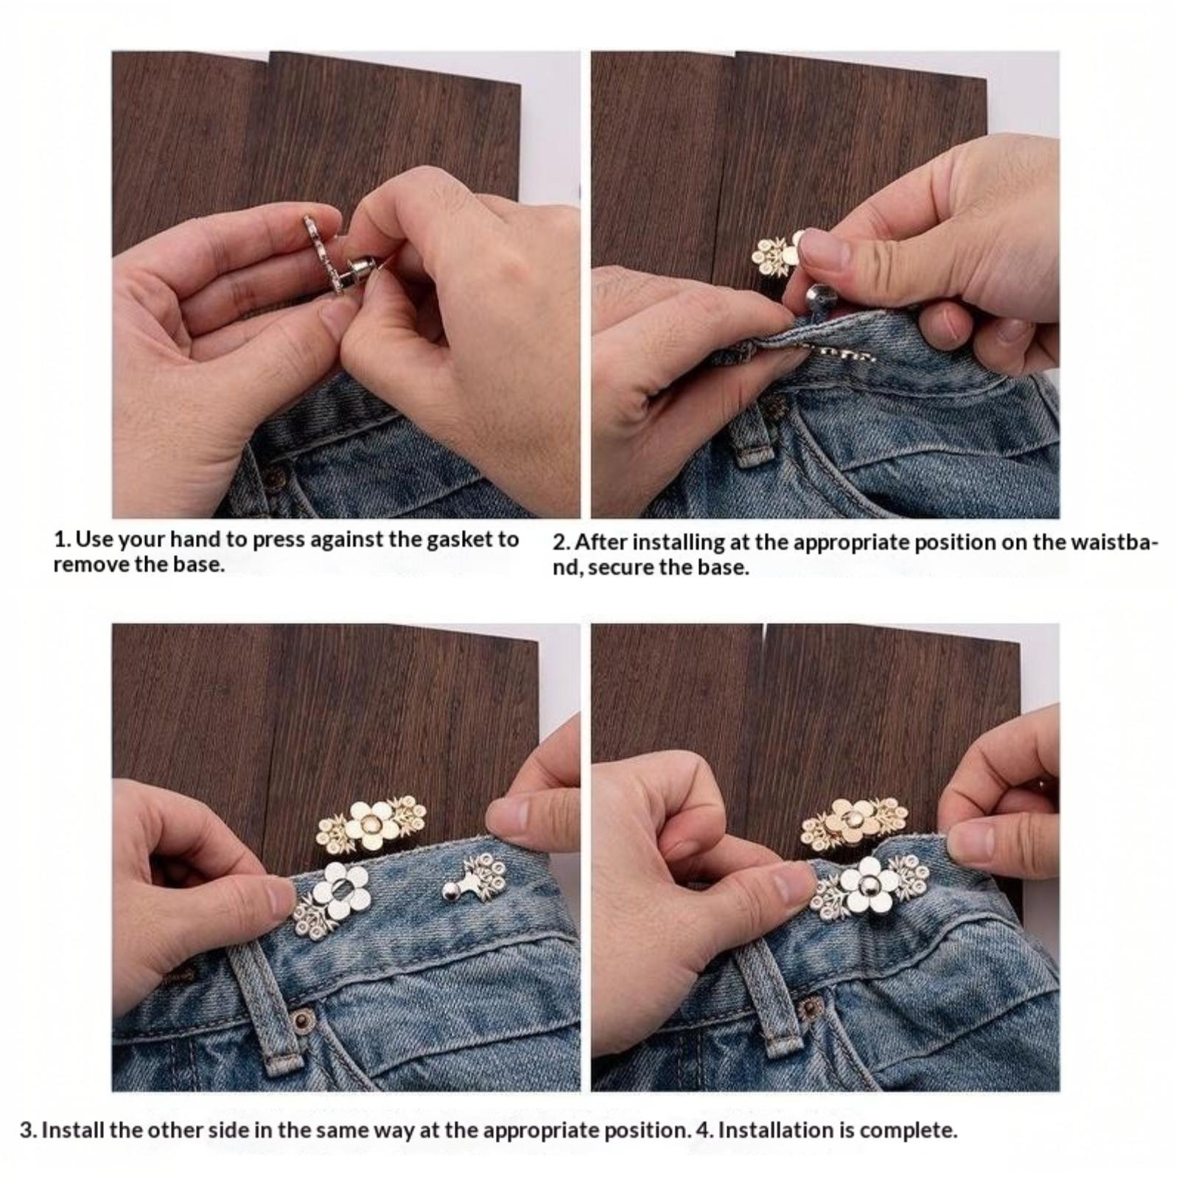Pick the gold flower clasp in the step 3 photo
pyautogui.click(x=371, y=823)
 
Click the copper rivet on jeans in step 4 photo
pyautogui.click(x=811, y=1005)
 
